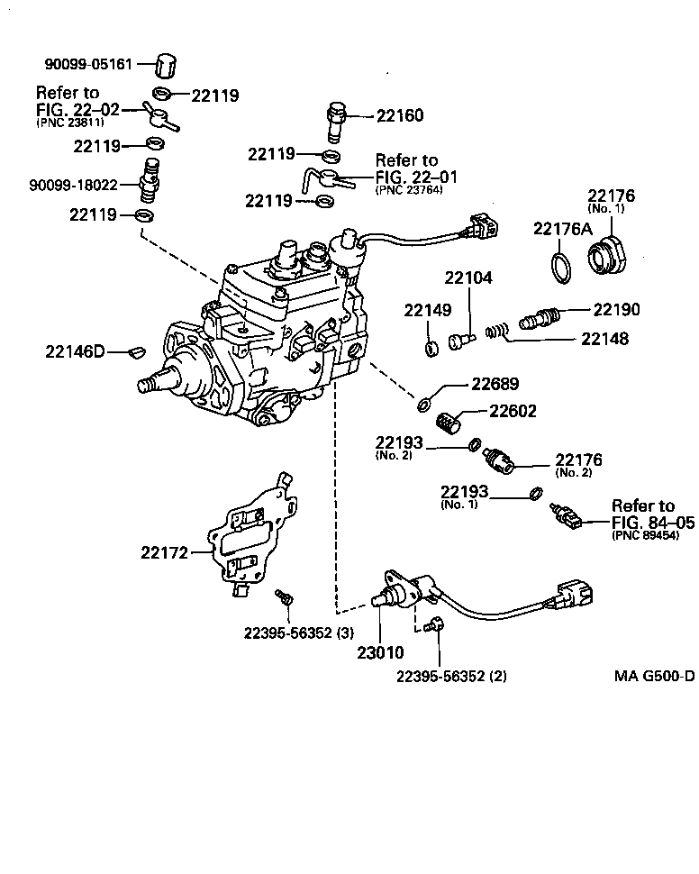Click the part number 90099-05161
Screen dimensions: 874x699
[88, 64]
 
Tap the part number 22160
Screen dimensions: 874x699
[399, 115]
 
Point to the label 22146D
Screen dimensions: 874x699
[75, 351]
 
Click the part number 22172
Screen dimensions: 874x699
[163, 551]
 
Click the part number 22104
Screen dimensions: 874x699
[468, 278]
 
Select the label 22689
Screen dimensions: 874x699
[495, 384]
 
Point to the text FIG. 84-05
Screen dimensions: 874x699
[653, 521]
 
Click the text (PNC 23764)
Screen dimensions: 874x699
[409, 190]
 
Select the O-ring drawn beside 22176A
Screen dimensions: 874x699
[559, 267]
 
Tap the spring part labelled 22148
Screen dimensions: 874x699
[495, 332]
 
